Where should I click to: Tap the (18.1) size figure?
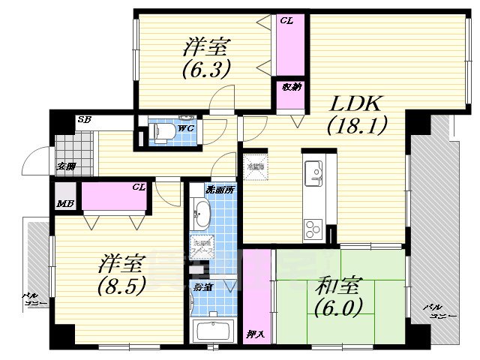pos(357,125)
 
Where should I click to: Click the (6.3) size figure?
pos(204,67)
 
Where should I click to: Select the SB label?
pos(85,119)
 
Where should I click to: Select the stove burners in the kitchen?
pos(312,228)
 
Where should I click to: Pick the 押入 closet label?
pos(255,334)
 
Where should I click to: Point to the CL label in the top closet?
pos(286,21)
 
